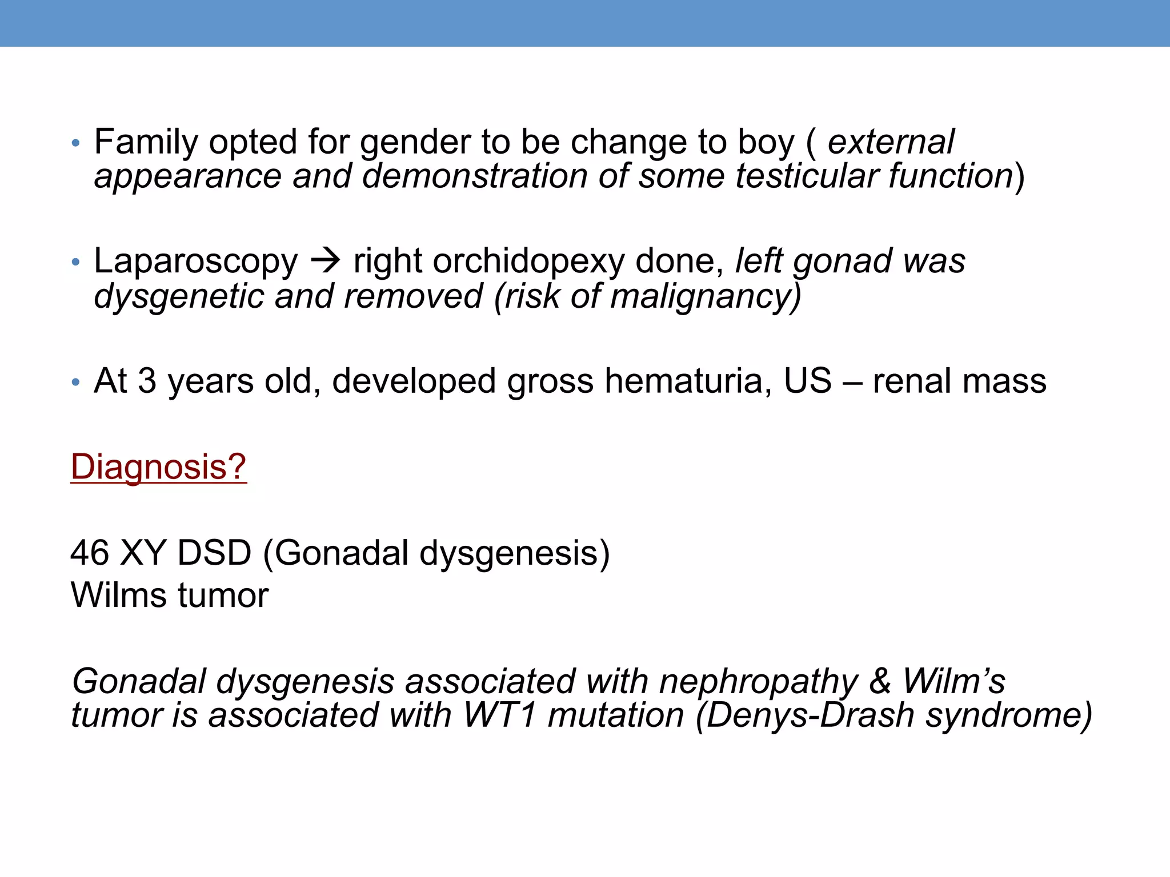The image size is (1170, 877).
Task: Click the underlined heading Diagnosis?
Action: pyautogui.click(x=158, y=467)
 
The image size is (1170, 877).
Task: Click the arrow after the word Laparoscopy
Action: pyautogui.click(x=326, y=262)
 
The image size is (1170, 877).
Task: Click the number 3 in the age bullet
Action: pyautogui.click(x=147, y=381)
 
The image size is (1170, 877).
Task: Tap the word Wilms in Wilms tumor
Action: pyautogui.click(x=119, y=595)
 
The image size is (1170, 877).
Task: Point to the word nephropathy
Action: pyautogui.click(x=759, y=682)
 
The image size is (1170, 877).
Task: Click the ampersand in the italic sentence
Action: pyautogui.click(x=880, y=682)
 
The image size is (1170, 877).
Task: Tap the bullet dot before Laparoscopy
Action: pyautogui.click(x=75, y=263)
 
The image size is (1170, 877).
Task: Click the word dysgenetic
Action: pyautogui.click(x=179, y=297)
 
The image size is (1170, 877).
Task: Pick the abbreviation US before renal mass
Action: pyautogui.click(x=807, y=381)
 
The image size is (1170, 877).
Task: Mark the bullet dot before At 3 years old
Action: pyautogui.click(x=75, y=382)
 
